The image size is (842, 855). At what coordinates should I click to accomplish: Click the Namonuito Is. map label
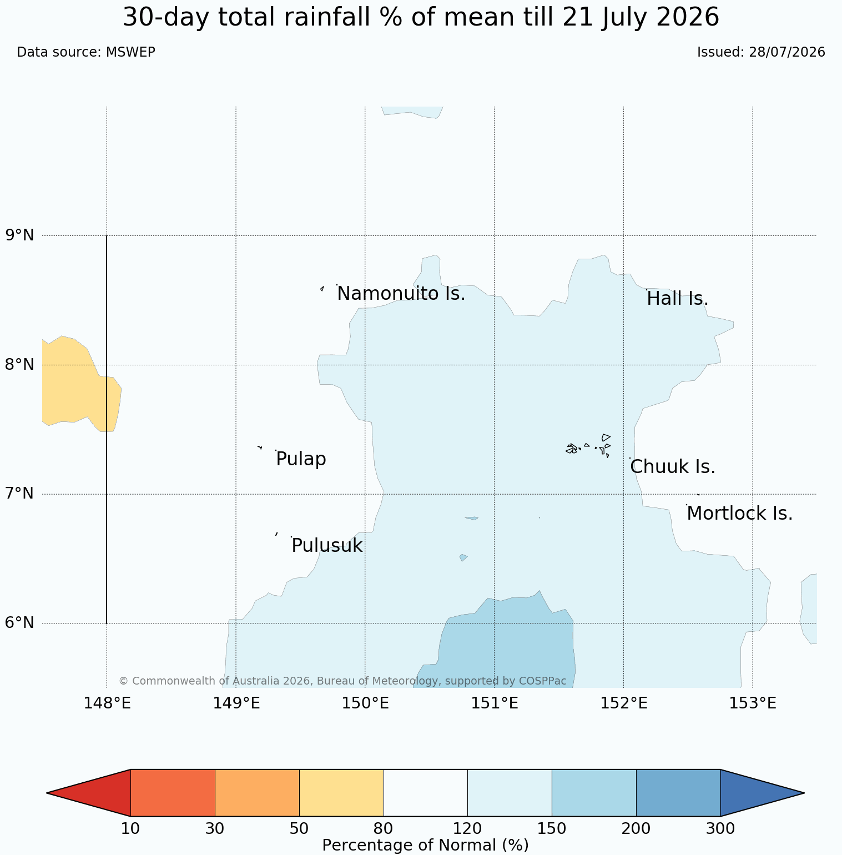coord(401,294)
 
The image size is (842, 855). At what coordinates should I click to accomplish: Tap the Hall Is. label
coord(678,299)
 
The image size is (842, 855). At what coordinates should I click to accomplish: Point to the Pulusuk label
coord(327,546)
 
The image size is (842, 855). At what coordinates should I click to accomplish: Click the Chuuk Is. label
coord(673,467)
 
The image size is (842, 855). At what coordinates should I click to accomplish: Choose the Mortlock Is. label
coord(740,514)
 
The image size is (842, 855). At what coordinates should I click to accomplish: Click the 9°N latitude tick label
coord(20,235)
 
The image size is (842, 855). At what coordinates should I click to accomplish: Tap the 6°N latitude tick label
coord(20,623)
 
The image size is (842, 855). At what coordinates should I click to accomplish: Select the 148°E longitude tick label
coord(107,703)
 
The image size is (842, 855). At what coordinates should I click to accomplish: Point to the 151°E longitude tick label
coord(495,703)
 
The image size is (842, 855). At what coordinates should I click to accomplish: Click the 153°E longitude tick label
coord(753,703)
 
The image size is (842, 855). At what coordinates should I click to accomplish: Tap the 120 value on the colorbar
coord(467,829)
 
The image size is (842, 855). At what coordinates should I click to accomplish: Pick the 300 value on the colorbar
coord(720,829)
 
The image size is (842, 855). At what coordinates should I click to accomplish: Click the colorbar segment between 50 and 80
coord(341,793)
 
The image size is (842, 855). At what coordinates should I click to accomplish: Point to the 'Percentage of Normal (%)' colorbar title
coord(425,845)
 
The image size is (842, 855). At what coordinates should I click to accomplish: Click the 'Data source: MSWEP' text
coord(86,52)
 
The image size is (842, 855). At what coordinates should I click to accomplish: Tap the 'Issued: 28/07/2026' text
coord(761,52)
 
